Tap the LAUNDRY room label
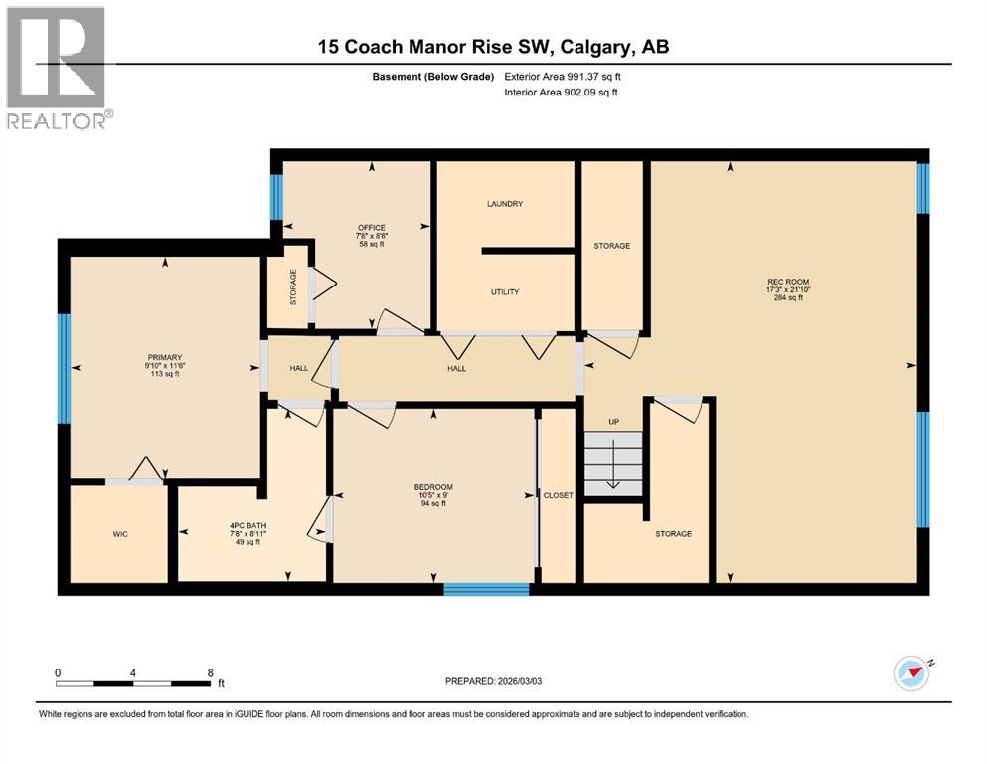click(x=505, y=204)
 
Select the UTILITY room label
click(x=505, y=292)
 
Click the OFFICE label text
click(x=372, y=228)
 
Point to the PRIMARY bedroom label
click(x=164, y=357)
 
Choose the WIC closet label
click(x=120, y=534)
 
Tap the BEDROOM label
click(x=433, y=487)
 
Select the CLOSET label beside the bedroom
click(x=558, y=495)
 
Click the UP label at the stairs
click(x=613, y=422)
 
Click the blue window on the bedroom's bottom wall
click(x=486, y=590)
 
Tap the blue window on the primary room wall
click(x=64, y=368)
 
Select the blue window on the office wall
click(x=276, y=197)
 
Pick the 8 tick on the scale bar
click(x=210, y=672)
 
